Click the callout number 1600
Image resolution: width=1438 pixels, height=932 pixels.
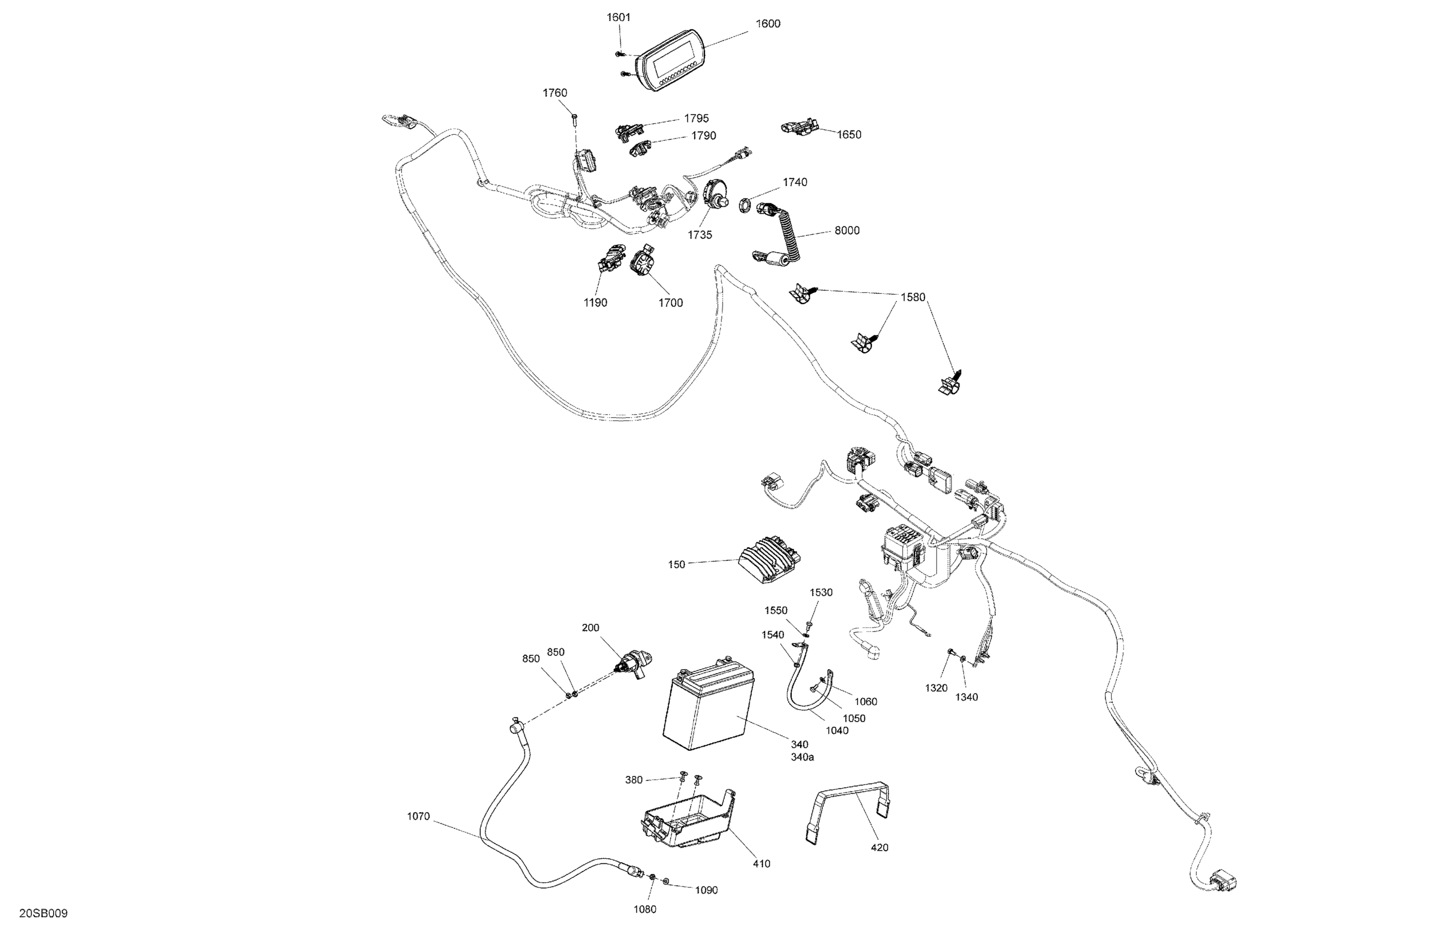pos(767,23)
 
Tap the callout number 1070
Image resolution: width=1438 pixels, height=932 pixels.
pos(418,817)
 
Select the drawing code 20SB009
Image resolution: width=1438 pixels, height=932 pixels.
pos(44,913)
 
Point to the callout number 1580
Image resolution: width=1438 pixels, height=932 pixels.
pos(913,297)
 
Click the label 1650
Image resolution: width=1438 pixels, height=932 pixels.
pos(849,135)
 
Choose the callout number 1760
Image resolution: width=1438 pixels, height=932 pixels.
pos(555,92)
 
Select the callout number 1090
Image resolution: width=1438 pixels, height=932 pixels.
pos(707,890)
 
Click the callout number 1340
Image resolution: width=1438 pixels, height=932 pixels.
pos(966,697)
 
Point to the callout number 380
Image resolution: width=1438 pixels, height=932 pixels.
pos(633,780)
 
